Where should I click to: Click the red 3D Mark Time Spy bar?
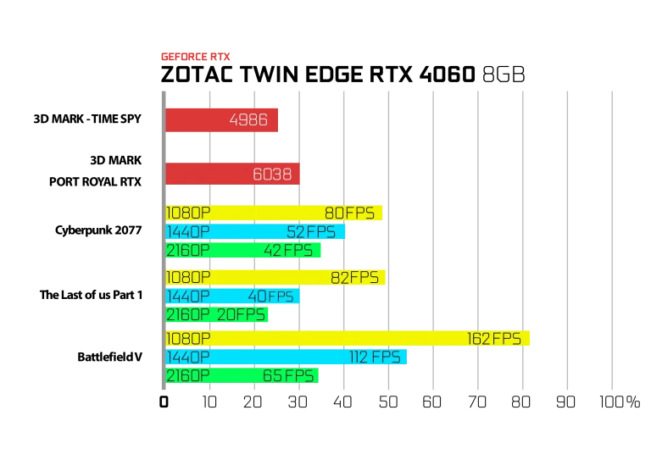[222, 120]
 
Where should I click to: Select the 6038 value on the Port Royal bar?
[272, 175]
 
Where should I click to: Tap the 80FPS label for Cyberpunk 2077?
[349, 213]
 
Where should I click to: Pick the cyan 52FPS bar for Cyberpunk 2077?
[255, 231]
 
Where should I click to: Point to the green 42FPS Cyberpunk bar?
[243, 250]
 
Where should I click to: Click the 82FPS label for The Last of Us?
[354, 278]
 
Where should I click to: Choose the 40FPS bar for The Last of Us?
[232, 297]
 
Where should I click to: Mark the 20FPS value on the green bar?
[241, 315]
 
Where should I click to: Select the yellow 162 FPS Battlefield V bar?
[348, 339]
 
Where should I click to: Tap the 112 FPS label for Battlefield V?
[375, 357]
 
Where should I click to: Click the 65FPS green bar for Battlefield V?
[242, 376]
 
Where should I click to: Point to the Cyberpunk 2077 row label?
[98, 230]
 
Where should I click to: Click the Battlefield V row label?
[110, 357]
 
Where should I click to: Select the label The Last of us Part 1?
[91, 295]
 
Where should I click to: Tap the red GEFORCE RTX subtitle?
[196, 57]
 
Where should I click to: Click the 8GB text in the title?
[504, 75]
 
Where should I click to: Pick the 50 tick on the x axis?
[388, 402]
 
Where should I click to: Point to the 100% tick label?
[620, 402]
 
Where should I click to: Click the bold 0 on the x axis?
[164, 402]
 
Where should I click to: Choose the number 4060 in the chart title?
[448, 75]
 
